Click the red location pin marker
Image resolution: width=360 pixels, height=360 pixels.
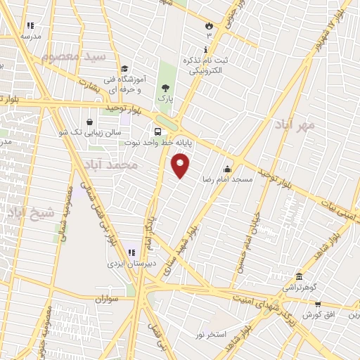pos(181,166)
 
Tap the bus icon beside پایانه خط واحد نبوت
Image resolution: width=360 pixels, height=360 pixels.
pos(158,131)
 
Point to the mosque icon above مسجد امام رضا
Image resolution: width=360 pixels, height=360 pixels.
pos(226,169)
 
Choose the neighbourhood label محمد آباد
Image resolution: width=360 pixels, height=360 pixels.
pos(116,165)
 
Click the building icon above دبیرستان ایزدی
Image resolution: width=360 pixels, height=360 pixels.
pos(130,253)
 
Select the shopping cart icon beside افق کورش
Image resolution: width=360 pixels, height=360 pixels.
pos(318,304)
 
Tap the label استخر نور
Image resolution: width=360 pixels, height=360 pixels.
pos(211,334)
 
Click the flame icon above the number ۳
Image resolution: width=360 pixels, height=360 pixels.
pos(208,24)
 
